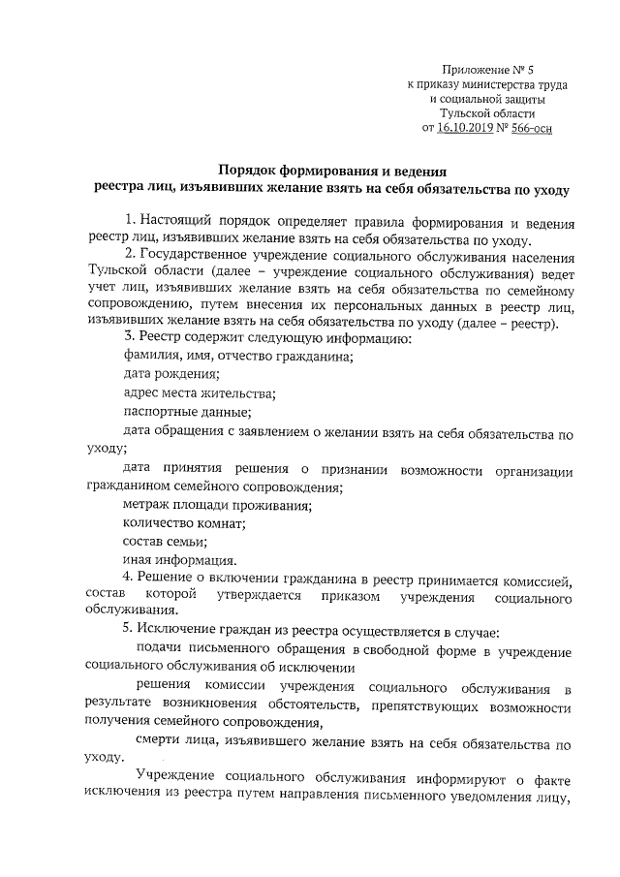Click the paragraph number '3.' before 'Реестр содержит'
[127, 337]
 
